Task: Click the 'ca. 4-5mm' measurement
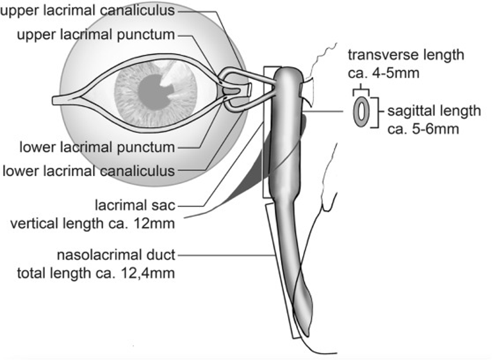(x=383, y=72)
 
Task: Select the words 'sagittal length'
(x=434, y=111)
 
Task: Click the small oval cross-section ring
(x=361, y=111)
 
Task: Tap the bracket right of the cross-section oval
(x=381, y=111)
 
